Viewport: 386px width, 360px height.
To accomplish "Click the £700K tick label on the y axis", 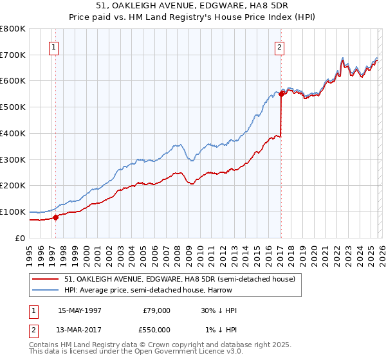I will coord(13,55).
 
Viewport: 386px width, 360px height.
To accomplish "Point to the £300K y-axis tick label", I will coord(13,159).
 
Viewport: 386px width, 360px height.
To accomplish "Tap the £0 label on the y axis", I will coord(19,238).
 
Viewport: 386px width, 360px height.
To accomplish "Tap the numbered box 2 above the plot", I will coord(280,46).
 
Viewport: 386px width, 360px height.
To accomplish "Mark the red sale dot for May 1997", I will coord(55,217).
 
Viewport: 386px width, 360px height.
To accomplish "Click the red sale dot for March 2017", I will coord(281,94).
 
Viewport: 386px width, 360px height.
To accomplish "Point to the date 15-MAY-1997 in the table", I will coord(79,310).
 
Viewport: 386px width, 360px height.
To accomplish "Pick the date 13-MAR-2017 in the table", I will coord(79,330).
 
